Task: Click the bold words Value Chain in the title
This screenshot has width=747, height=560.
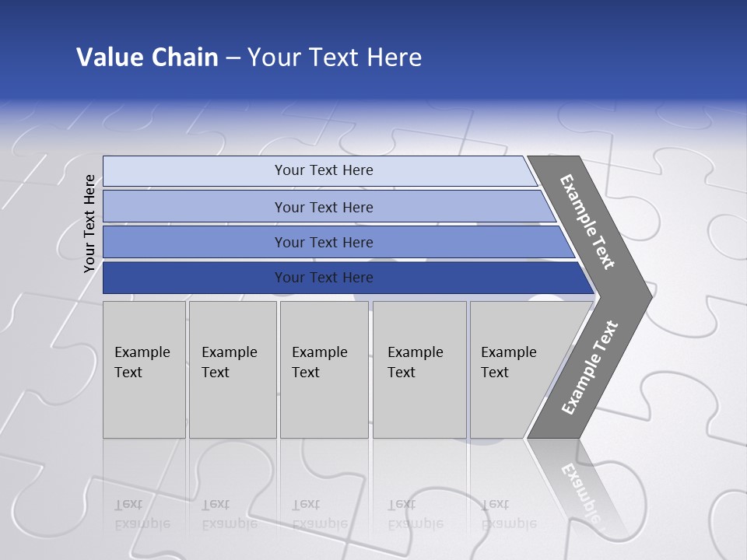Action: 147,57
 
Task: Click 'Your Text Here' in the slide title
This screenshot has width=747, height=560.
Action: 335,57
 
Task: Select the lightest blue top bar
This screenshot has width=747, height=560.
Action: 195,170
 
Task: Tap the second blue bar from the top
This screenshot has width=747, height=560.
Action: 195,207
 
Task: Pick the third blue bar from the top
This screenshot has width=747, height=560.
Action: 195,242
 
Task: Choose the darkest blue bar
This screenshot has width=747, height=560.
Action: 195,278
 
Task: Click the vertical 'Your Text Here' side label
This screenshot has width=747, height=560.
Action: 89,223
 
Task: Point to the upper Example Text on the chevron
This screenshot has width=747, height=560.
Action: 587,222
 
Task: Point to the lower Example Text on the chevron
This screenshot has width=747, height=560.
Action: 590,367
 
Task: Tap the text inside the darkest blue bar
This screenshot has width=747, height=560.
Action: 324,278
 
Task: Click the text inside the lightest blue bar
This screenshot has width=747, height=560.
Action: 324,170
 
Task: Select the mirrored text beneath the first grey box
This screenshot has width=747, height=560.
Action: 142,514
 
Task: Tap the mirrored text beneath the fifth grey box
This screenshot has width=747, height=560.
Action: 508,514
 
